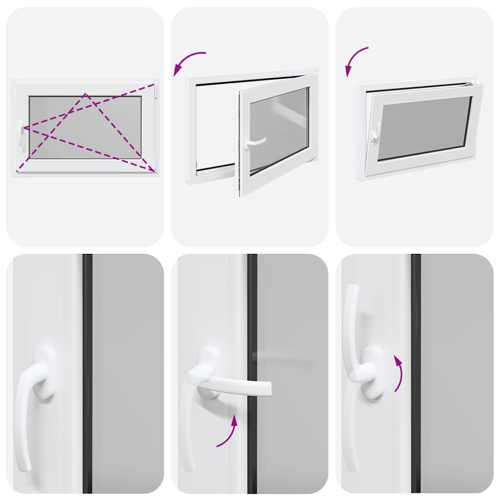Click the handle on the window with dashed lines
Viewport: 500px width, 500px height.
(x=21, y=134)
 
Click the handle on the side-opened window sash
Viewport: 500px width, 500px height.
(x=254, y=142)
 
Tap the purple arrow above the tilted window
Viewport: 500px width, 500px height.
(x=355, y=61)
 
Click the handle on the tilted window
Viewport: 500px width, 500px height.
(x=375, y=132)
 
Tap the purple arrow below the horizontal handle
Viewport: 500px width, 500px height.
(x=228, y=432)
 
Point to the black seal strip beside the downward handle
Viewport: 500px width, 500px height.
(x=87, y=371)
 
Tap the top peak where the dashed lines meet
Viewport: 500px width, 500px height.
(x=85, y=94)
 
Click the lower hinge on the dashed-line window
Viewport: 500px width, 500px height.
(x=155, y=164)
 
